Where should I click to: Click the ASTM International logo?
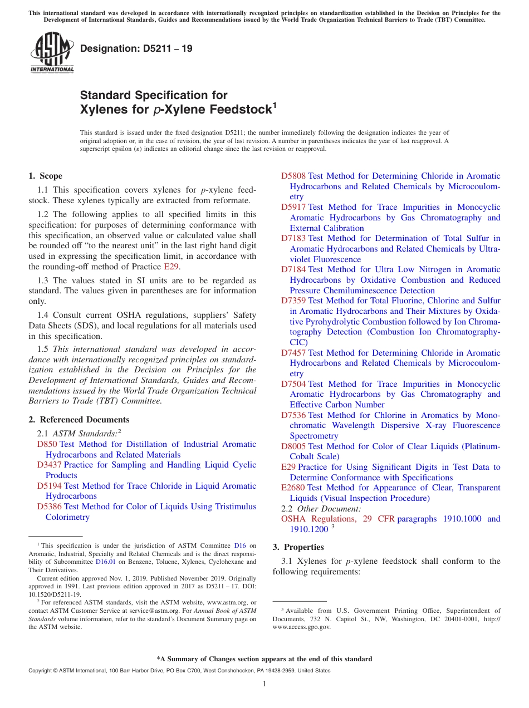point(52,52)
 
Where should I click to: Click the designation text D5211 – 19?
point(136,48)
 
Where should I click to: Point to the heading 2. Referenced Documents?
point(79,420)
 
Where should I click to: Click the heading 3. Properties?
point(298,547)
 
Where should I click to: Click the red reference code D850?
point(47,444)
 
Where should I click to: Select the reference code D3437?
point(49,465)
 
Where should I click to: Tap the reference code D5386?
point(49,507)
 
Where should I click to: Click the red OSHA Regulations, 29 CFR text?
point(337,519)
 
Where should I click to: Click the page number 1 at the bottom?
point(264,684)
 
